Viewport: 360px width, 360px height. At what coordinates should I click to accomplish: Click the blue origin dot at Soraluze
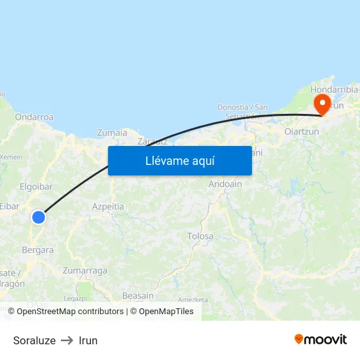tap(39, 217)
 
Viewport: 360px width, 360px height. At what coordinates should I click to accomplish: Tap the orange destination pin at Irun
tap(322, 103)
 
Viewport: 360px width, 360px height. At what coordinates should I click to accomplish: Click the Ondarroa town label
tap(34, 117)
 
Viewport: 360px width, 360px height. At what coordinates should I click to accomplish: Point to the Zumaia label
tap(112, 133)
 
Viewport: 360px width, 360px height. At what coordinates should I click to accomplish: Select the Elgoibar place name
tap(36, 187)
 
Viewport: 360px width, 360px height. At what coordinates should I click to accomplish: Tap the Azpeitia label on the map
tap(108, 206)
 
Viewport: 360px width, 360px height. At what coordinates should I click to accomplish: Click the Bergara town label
tap(38, 250)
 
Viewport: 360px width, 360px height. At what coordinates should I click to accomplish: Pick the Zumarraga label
tap(84, 270)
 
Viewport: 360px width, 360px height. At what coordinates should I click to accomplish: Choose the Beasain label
tap(138, 296)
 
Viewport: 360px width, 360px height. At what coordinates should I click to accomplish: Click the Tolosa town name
tap(200, 236)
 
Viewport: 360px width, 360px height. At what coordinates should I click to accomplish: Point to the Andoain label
tap(225, 185)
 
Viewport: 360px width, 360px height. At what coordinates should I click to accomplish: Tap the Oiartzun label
tap(302, 132)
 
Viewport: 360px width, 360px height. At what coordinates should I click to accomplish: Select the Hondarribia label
tap(334, 90)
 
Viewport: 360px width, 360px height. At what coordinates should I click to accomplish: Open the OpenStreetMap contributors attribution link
tap(71, 312)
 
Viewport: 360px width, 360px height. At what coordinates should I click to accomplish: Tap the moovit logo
tap(321, 339)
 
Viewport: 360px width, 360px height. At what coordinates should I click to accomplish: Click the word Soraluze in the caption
tap(34, 340)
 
